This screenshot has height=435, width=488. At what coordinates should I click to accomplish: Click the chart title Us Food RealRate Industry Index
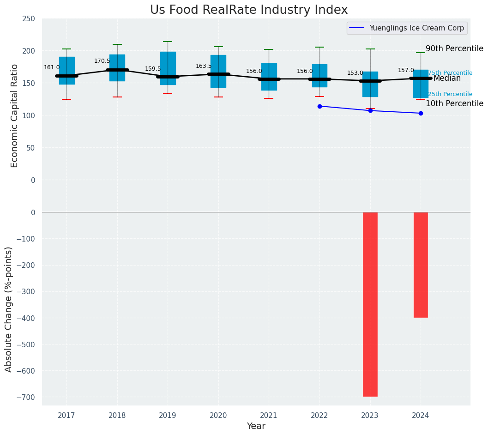249,10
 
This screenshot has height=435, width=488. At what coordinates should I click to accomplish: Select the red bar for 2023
370,304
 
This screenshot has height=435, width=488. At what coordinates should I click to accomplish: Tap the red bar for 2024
421,265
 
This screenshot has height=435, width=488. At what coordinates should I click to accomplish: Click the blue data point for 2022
319,106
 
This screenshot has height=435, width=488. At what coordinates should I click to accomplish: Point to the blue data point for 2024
421,113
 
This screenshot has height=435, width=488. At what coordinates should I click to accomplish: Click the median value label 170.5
102,61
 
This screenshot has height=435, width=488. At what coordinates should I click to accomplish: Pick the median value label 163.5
204,66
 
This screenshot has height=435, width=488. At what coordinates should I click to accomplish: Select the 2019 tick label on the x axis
168,416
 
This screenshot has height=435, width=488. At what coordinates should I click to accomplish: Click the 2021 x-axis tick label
269,416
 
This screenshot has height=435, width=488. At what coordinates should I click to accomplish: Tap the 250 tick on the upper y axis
29,18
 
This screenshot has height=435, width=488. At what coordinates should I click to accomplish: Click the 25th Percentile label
450,94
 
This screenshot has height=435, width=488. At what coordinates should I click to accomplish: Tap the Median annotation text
447,79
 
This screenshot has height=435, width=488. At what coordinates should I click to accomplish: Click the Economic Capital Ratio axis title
14,115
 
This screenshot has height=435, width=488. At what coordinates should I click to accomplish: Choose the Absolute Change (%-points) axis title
9,309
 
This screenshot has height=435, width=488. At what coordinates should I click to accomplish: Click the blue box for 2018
117,68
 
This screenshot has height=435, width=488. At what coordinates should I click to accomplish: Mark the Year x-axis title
256,426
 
